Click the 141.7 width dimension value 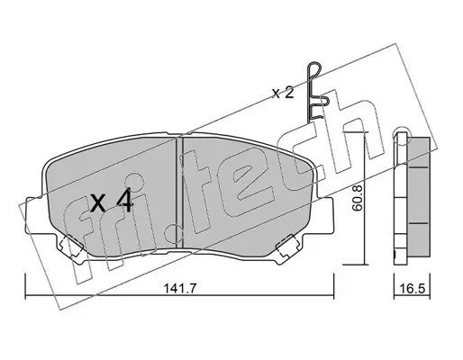click(x=179, y=289)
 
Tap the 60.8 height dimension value click(x=357, y=199)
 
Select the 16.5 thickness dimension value click(x=412, y=289)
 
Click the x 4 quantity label click(x=112, y=202)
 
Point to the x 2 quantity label click(x=283, y=94)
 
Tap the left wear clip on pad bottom click(x=71, y=246)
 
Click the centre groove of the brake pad click(x=179, y=193)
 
